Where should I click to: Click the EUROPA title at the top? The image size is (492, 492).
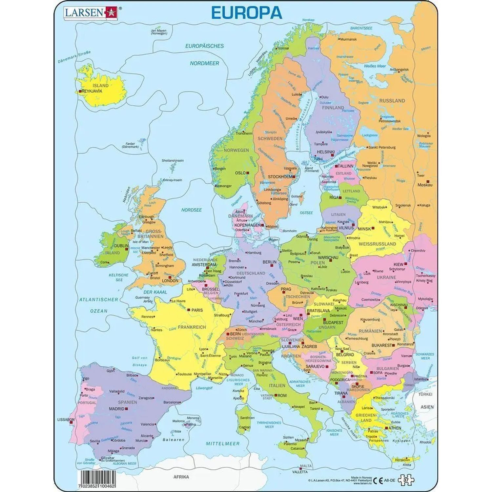[246, 13]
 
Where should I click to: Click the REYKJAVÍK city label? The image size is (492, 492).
[92, 91]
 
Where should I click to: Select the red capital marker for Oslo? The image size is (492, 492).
[248, 173]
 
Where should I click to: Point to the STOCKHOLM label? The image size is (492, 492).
[280, 176]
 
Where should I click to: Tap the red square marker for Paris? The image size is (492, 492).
[189, 310]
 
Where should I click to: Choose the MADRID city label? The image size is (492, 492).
[117, 409]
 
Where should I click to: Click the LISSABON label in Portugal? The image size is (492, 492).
[66, 419]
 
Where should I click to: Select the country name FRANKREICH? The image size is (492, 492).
[192, 327]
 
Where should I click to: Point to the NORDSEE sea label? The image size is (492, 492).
[192, 210]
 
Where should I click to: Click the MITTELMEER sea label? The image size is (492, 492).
[223, 443]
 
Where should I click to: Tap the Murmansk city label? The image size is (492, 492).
[348, 39]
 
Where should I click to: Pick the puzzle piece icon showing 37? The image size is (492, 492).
[406, 480]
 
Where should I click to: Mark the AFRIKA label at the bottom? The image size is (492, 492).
[181, 477]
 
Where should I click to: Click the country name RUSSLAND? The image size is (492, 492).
[392, 101]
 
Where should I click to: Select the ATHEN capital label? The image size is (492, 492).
[395, 428]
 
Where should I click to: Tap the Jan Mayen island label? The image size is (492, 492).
[159, 32]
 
